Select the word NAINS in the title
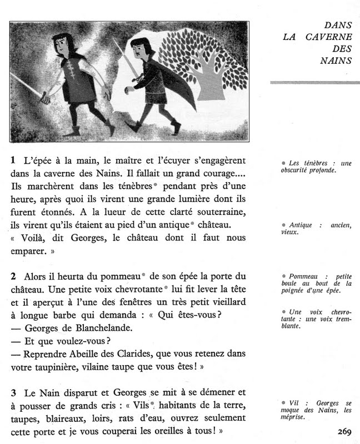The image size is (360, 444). (x=336, y=61)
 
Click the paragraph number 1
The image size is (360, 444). (x=13, y=160)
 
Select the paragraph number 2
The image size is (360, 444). (x=13, y=276)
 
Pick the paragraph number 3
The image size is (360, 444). (x=13, y=392)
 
